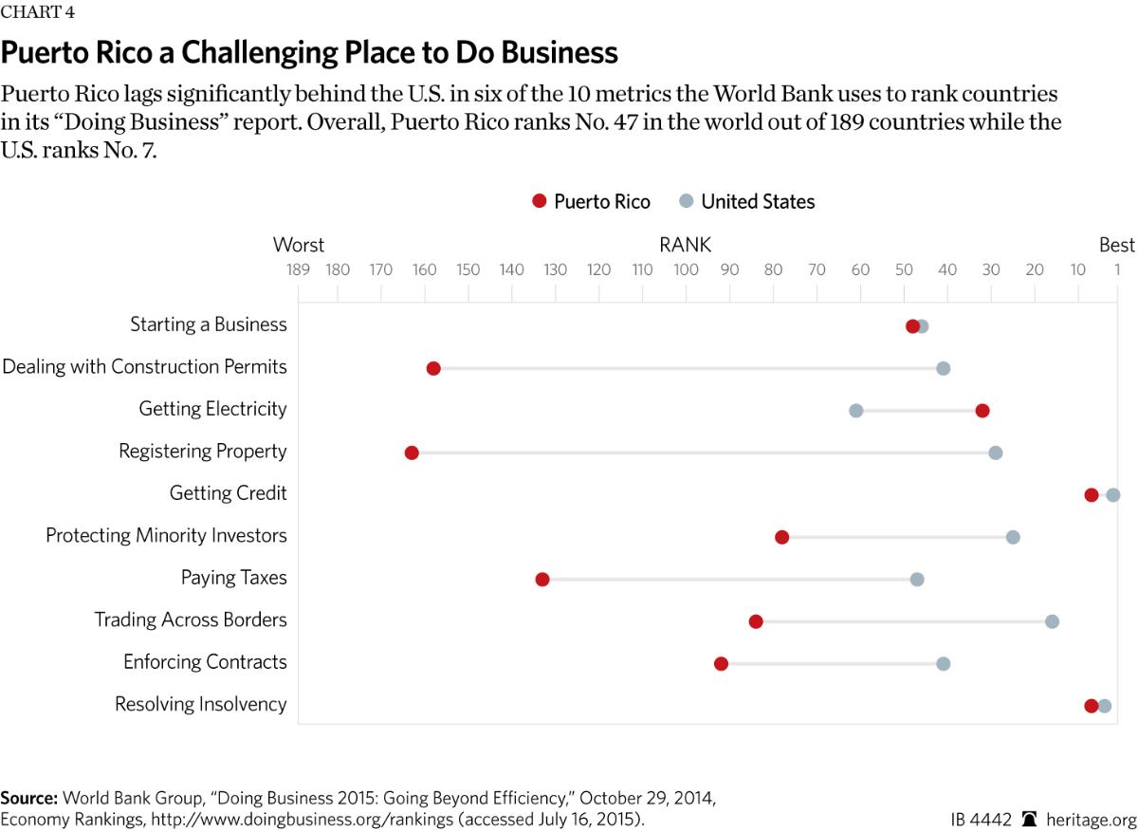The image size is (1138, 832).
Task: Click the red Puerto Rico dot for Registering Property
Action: [x=412, y=453]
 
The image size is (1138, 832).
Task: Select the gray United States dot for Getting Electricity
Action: [x=855, y=411]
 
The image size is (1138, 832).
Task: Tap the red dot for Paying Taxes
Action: [x=542, y=580]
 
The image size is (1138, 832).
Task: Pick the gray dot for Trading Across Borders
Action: [x=1052, y=621]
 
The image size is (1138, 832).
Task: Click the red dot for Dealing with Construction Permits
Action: [x=433, y=368]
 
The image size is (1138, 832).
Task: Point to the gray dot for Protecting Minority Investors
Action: [x=1013, y=537]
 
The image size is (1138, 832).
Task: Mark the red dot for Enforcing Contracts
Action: [x=721, y=663]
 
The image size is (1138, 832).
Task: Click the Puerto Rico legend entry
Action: [x=591, y=201]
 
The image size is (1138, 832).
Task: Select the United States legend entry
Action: [x=747, y=201]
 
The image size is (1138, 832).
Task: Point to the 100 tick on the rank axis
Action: [x=686, y=269]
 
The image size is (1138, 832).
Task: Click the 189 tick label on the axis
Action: [x=299, y=269]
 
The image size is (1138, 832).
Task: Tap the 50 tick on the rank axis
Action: [x=904, y=269]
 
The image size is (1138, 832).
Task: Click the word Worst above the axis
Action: [x=299, y=246]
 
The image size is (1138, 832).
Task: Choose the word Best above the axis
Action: [x=1116, y=246]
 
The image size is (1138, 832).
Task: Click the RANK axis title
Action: [x=685, y=246]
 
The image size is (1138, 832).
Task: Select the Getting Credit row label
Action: [x=228, y=493]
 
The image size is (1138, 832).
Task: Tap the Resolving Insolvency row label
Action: [x=200, y=704]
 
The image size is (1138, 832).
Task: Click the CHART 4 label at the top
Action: [x=38, y=12]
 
